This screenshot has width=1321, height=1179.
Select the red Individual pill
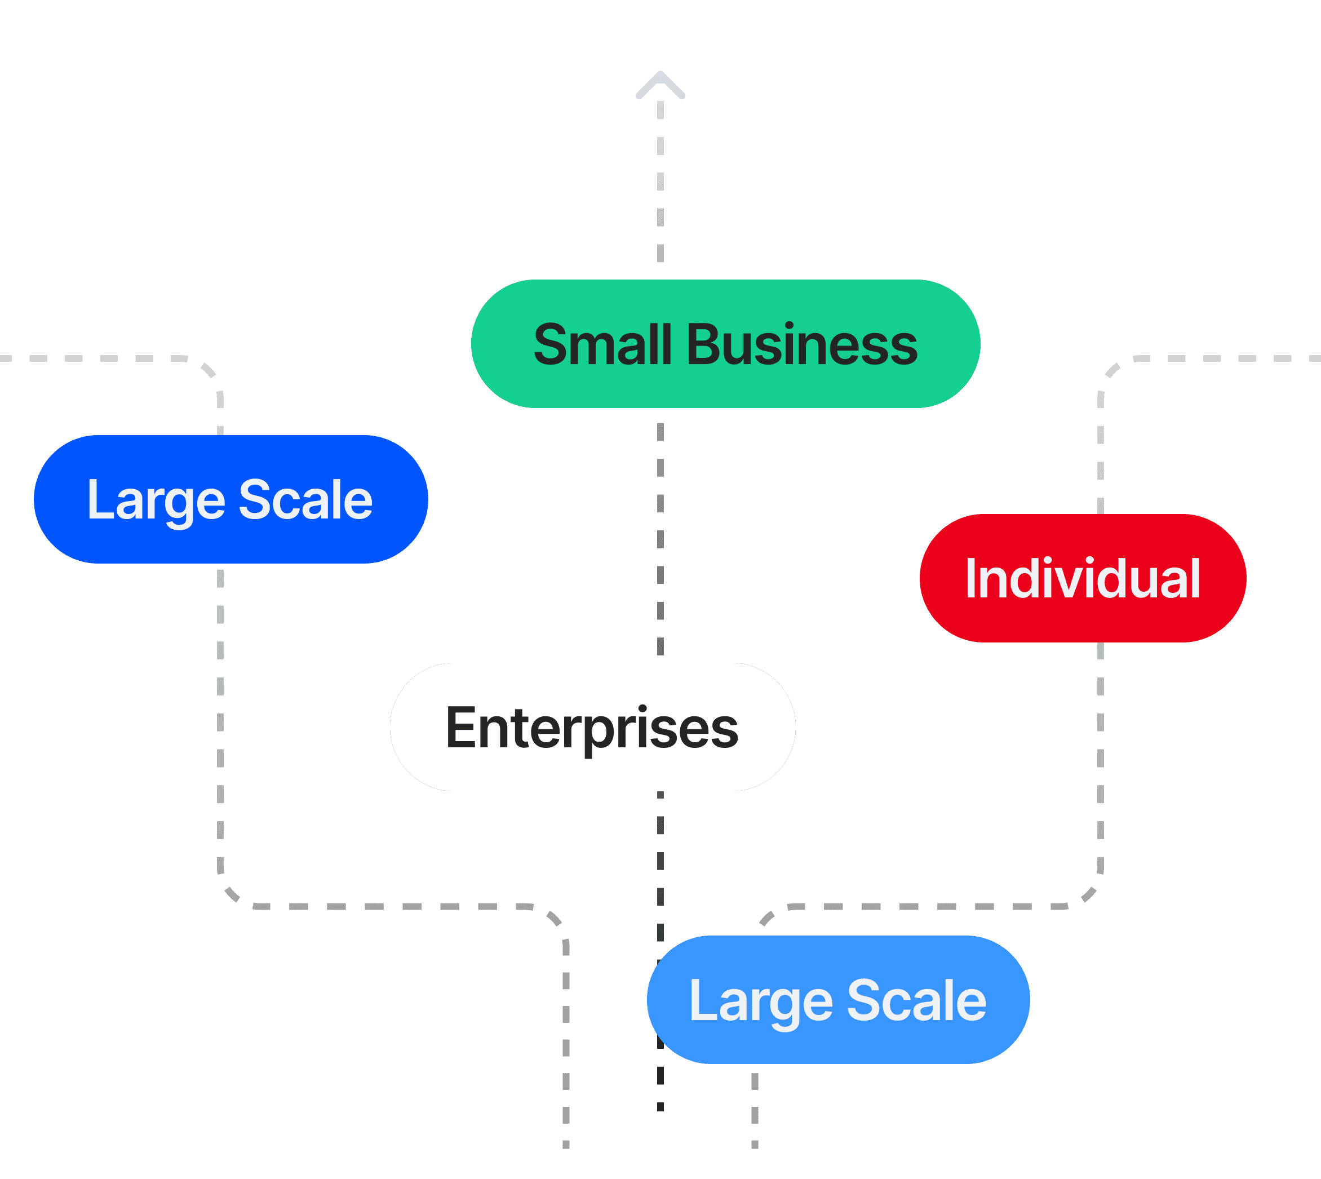coord(1083,578)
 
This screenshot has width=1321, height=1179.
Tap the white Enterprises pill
coord(592,727)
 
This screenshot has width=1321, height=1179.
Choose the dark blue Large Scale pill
coord(230,499)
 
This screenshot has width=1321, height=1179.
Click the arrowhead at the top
coord(660,84)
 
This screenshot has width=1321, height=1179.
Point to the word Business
coord(801,345)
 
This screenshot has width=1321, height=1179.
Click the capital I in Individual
coord(970,578)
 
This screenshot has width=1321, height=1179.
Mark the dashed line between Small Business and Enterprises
coord(660,538)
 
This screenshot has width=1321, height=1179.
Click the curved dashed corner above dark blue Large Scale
coord(209,370)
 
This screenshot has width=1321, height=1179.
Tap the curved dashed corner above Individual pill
coord(1112,370)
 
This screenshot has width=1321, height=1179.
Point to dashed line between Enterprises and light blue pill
coord(660,862)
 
